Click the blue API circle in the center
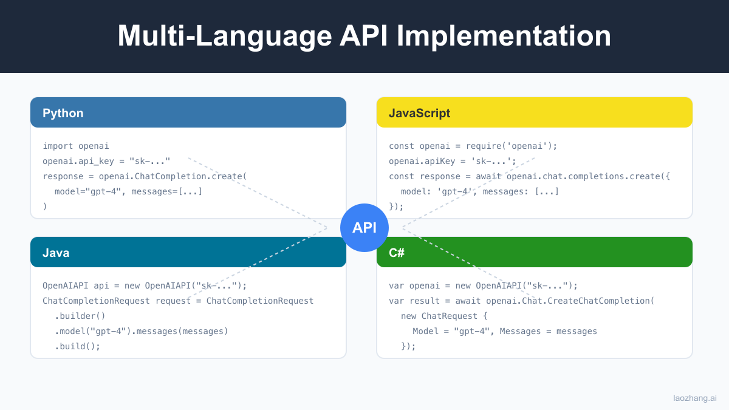tap(364, 228)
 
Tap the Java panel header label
tap(56, 253)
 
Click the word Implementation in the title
tap(505, 36)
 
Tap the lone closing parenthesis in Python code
tap(45, 207)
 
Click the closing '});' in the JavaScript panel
tap(396, 207)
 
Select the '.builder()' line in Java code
tap(80, 316)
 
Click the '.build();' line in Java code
tap(77, 346)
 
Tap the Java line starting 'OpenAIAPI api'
tap(145, 285)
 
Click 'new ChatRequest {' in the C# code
tap(444, 316)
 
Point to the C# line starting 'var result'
tap(521, 301)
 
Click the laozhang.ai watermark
tap(694, 398)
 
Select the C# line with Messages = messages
tap(504, 331)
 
